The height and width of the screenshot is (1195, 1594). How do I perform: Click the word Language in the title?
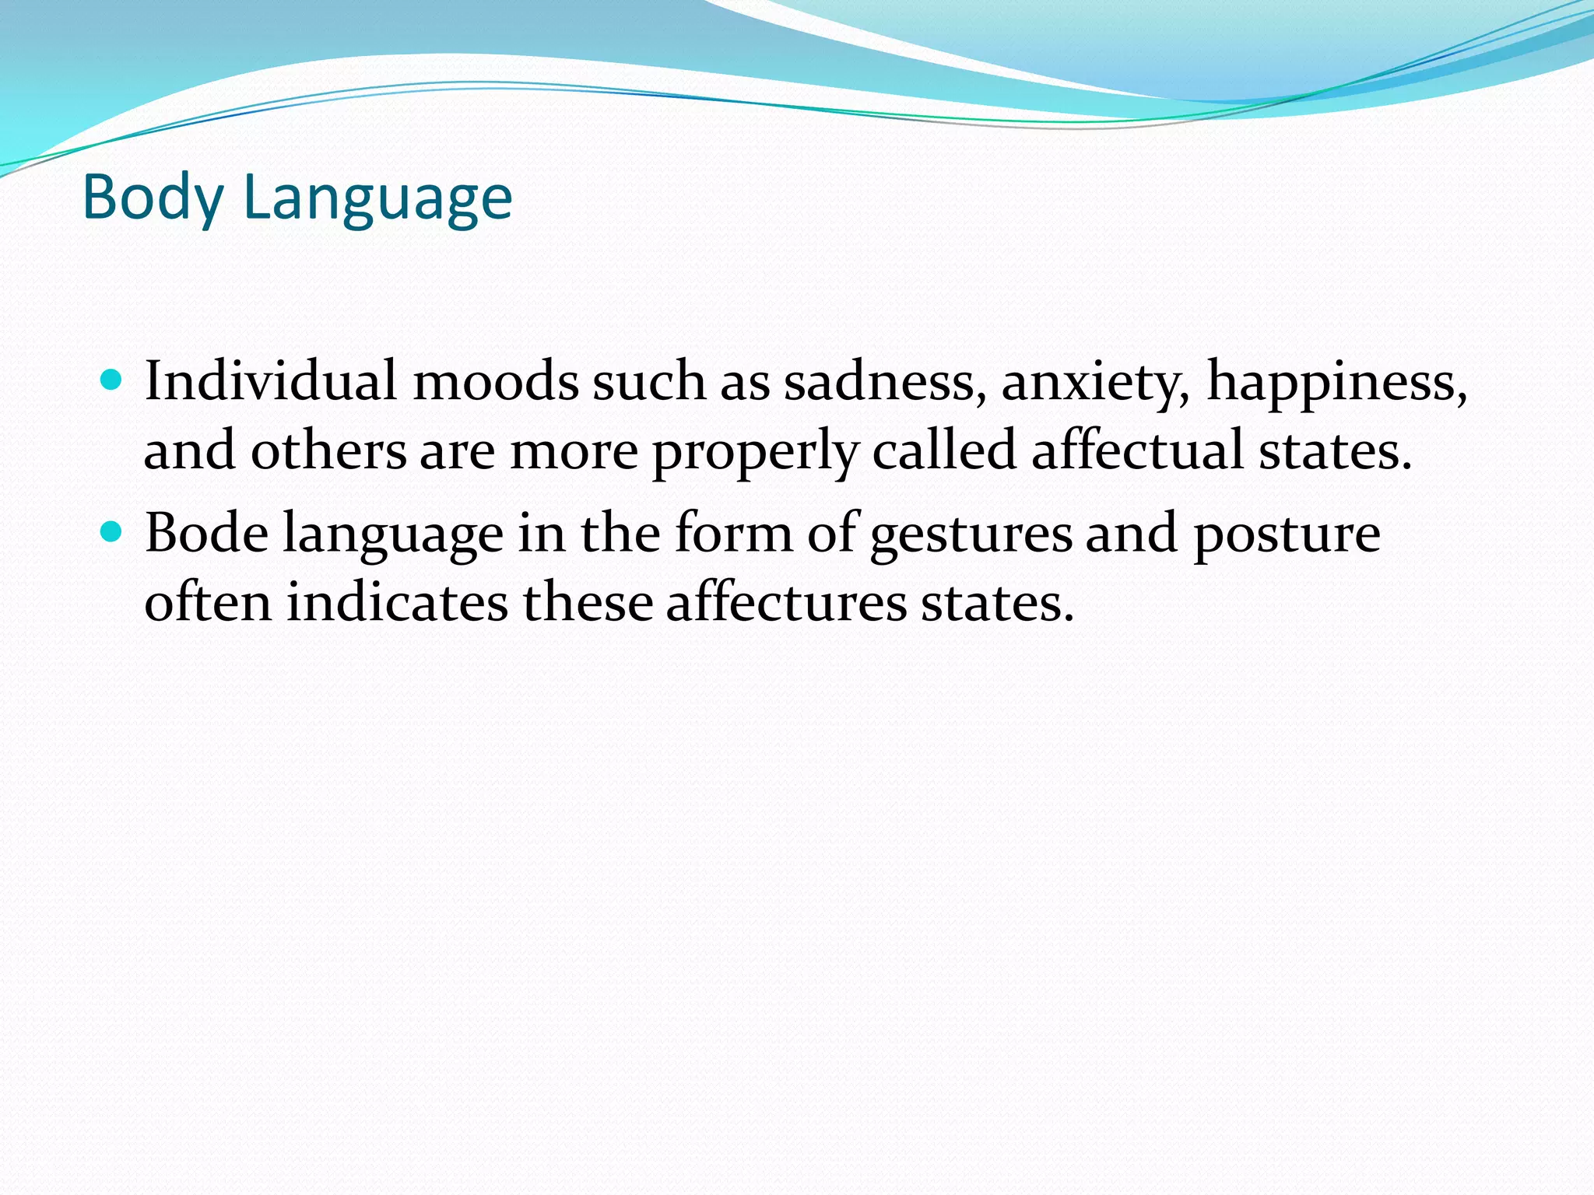[377, 198]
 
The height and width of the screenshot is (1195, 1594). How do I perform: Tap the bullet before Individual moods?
[113, 380]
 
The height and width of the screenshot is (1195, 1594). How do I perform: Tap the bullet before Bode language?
[113, 532]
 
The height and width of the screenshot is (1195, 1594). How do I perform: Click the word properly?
[755, 451]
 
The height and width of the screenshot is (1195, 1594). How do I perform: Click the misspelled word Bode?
[207, 534]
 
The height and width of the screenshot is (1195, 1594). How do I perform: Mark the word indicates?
[397, 602]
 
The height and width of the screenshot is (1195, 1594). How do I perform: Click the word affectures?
[786, 602]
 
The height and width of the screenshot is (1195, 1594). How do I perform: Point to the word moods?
[495, 381]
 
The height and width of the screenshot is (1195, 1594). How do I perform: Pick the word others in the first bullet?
[328, 451]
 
